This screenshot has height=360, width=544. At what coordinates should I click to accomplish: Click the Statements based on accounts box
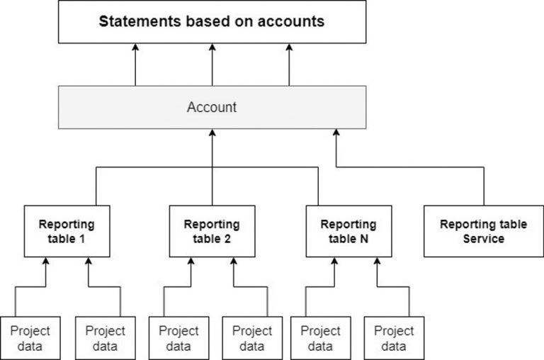212,21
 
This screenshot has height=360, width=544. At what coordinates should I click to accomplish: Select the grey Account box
212,108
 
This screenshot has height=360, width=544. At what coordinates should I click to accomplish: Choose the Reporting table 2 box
212,231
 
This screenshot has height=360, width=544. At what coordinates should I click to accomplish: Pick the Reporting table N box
348,231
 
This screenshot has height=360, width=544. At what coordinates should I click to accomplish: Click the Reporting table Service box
483,231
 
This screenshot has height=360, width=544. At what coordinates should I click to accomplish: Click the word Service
484,239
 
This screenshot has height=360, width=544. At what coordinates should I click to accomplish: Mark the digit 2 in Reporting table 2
227,239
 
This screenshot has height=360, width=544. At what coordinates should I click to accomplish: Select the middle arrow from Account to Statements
212,64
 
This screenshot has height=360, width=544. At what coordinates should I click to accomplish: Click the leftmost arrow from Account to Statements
135,64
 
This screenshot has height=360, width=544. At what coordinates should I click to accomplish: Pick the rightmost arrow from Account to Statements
289,64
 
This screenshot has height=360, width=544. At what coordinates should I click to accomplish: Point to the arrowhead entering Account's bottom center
212,135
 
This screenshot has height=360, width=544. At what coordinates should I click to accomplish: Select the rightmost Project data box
394,338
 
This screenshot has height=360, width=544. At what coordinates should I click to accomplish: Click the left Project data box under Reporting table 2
178,338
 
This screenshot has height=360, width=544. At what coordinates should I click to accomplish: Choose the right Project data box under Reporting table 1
105,338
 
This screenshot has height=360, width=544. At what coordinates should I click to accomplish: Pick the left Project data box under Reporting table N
320,338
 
